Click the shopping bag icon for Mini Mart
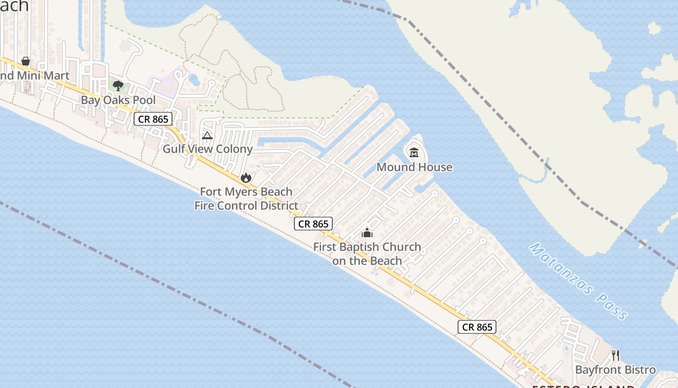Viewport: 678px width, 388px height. coord(26,62)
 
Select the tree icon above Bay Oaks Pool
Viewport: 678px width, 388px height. coord(118,86)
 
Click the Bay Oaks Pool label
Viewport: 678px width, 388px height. coord(118,100)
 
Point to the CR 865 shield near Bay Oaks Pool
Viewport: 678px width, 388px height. coord(153,119)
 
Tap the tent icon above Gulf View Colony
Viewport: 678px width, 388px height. coord(207,136)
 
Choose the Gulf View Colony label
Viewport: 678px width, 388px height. coord(207,149)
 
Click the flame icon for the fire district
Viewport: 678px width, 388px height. coord(246,178)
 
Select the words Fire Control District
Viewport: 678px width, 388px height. coord(246,206)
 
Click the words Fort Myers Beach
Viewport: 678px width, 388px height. coord(246,192)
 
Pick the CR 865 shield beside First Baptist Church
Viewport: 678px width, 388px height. coord(313,224)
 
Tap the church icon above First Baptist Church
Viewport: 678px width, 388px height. coord(367,233)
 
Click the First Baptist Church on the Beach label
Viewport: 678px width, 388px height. coord(367,254)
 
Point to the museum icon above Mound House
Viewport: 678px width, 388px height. coord(414,153)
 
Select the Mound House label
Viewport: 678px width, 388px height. coord(414,167)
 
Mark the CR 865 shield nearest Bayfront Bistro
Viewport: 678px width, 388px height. coord(477,327)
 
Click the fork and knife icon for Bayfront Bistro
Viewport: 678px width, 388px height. coord(615,356)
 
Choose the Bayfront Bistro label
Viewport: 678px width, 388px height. coord(615,370)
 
